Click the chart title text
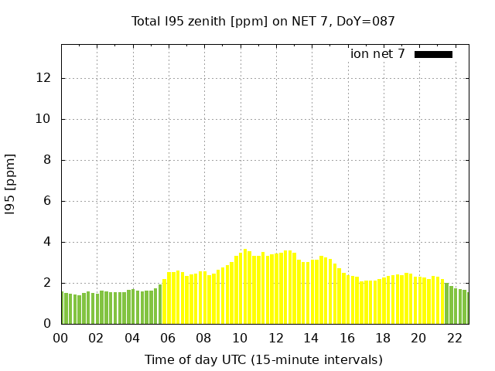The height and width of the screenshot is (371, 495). click(263, 22)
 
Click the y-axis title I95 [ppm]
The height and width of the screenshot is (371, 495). click(11, 182)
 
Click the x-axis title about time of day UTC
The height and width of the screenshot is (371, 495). click(263, 359)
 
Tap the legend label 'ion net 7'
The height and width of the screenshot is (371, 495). click(377, 54)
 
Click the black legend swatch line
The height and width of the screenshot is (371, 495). click(433, 54)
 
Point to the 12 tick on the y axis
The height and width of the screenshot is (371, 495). click(45, 78)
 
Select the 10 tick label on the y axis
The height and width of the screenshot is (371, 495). click(45, 119)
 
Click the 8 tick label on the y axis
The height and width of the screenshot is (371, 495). click(48, 160)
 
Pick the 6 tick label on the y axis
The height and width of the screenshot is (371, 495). click(48, 201)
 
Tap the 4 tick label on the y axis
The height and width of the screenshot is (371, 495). click(48, 242)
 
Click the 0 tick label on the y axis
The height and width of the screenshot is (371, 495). click(48, 324)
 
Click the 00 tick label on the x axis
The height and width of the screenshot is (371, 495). click(61, 338)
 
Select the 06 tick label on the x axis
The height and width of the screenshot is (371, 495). click(168, 338)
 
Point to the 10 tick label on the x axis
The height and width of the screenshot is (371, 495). click(240, 338)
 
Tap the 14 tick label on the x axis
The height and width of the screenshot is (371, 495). click(311, 338)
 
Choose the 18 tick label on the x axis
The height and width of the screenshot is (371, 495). click(383, 338)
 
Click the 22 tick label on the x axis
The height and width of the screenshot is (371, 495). click(454, 338)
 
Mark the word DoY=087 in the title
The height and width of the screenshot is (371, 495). click(368, 22)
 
